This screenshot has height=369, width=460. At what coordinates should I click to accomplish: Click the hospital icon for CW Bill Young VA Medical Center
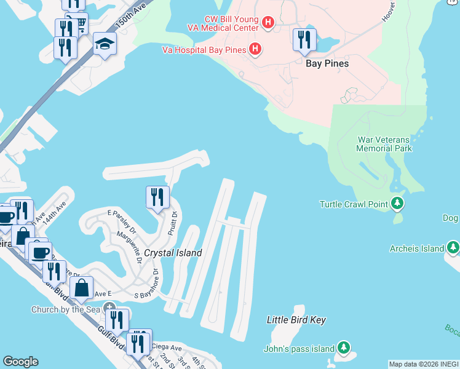268,23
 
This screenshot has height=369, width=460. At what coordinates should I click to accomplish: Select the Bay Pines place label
327,63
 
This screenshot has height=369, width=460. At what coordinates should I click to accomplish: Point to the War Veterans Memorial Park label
385,144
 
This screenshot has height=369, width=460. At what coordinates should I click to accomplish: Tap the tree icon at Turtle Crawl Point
397,203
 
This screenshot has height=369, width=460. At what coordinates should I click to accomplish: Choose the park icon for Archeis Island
453,248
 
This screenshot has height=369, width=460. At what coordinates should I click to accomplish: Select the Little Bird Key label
296,320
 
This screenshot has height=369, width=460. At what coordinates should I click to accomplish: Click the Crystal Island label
173,253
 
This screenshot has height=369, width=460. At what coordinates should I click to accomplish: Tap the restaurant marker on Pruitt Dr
157,197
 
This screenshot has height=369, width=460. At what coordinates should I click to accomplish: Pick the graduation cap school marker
105,44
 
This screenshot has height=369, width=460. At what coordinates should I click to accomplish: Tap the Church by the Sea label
65,309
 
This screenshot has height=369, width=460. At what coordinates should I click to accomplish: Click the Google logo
20,362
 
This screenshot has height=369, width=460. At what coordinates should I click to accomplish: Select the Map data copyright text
423,364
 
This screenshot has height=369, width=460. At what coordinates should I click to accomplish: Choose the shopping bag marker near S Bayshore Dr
81,287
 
